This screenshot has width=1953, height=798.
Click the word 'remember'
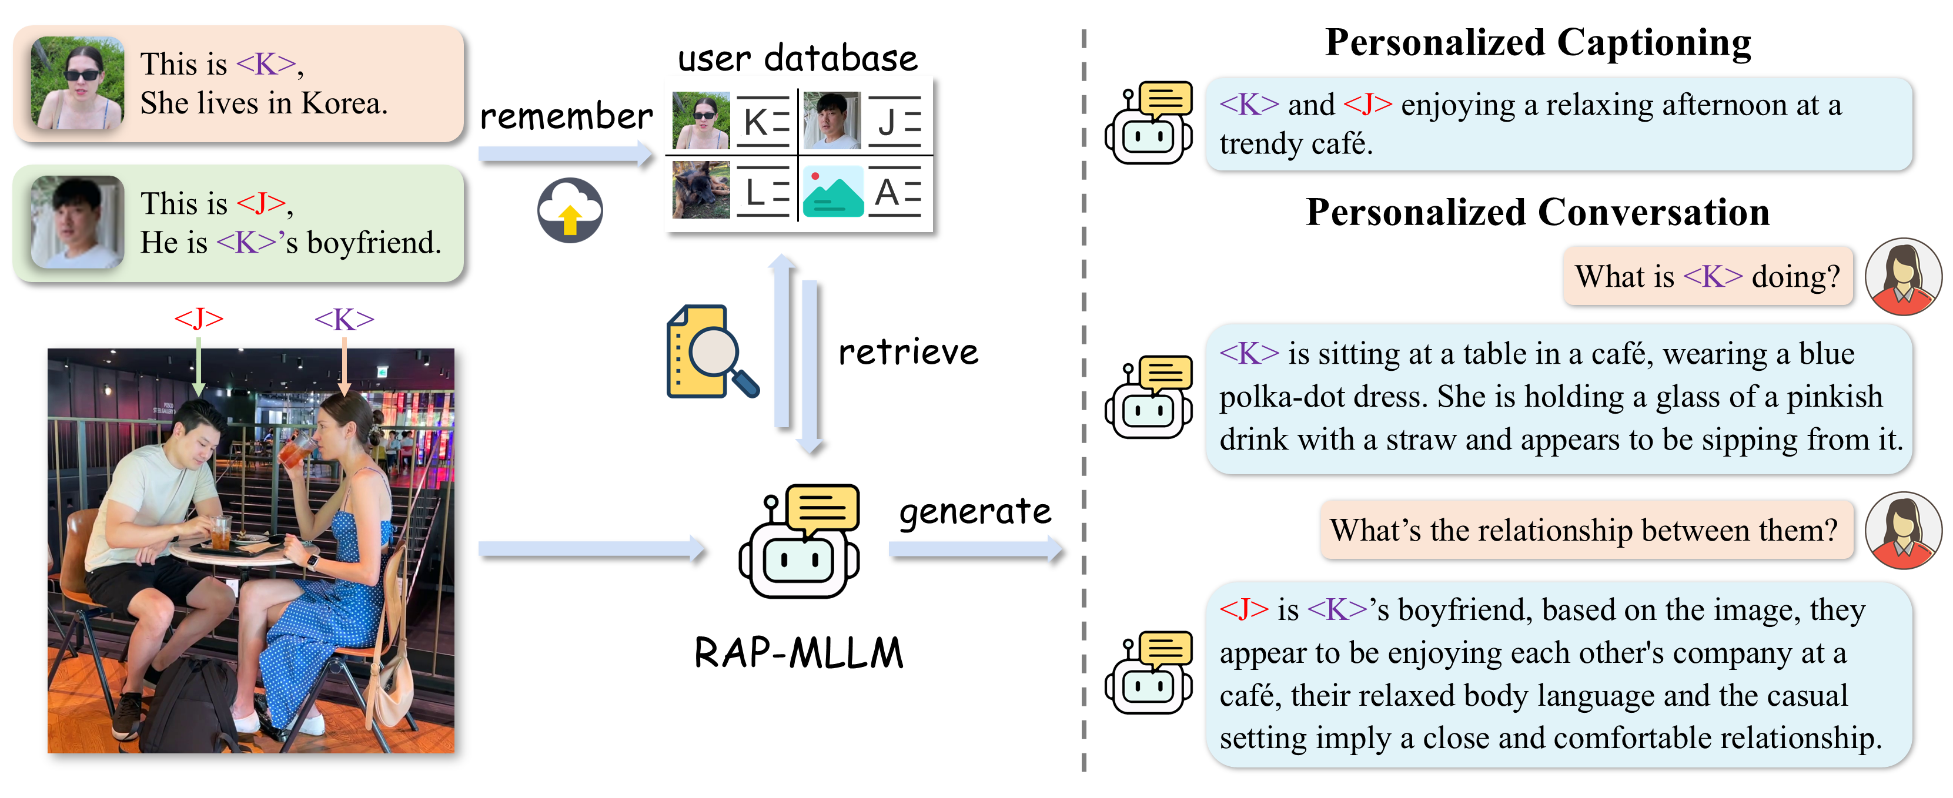(x=566, y=116)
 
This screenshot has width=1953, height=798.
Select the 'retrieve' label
(x=908, y=351)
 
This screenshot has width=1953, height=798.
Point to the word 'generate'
(x=975, y=512)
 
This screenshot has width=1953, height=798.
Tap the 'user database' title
(x=798, y=58)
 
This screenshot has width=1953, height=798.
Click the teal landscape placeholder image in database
(x=832, y=192)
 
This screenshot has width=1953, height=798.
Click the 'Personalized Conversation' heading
(x=1537, y=212)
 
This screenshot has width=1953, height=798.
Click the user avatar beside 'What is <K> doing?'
(x=1903, y=277)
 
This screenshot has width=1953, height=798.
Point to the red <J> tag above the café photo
(x=199, y=318)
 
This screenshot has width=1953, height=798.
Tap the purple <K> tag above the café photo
(x=344, y=319)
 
